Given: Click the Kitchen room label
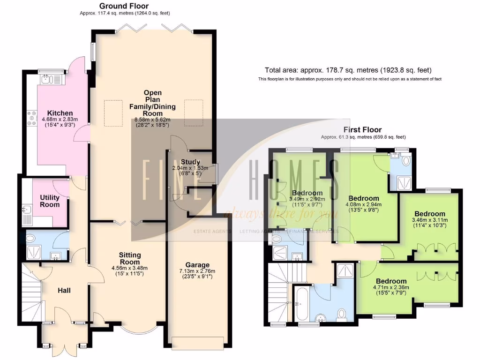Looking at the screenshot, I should (60, 113).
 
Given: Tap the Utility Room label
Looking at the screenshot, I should (50, 201).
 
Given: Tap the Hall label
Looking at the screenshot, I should (64, 291).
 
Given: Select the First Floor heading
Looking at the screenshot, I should (363, 129).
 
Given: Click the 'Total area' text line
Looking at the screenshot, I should (348, 70).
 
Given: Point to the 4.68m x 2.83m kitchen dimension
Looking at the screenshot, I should (60, 120).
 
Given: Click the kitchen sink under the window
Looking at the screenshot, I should (47, 80).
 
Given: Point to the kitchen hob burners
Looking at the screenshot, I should (32, 118).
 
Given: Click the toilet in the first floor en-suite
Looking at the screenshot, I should (406, 162).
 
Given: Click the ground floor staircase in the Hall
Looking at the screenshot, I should (32, 295).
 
